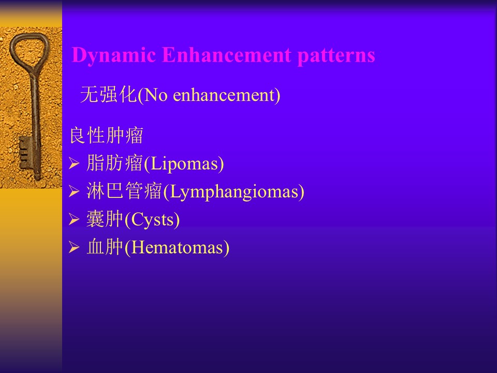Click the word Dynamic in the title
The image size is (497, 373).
pos(114,55)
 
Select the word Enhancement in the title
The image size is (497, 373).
pos(227,54)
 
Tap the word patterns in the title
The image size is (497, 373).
pos(337,56)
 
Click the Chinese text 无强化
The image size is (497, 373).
pos(108,94)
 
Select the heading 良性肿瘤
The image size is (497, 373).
pos(107,135)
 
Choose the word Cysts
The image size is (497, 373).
pos(152,220)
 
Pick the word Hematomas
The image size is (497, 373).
pos(177,248)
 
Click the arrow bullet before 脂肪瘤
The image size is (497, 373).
pos(74,164)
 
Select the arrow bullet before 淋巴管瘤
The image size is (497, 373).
pos(74,192)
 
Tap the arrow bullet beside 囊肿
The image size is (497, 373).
pos(74,219)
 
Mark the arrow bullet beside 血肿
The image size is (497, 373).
pos(74,247)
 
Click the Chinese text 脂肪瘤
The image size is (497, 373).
pos(114,163)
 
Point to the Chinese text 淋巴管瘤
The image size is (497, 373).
pos(124,191)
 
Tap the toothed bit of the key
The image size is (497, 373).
pos(25,153)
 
